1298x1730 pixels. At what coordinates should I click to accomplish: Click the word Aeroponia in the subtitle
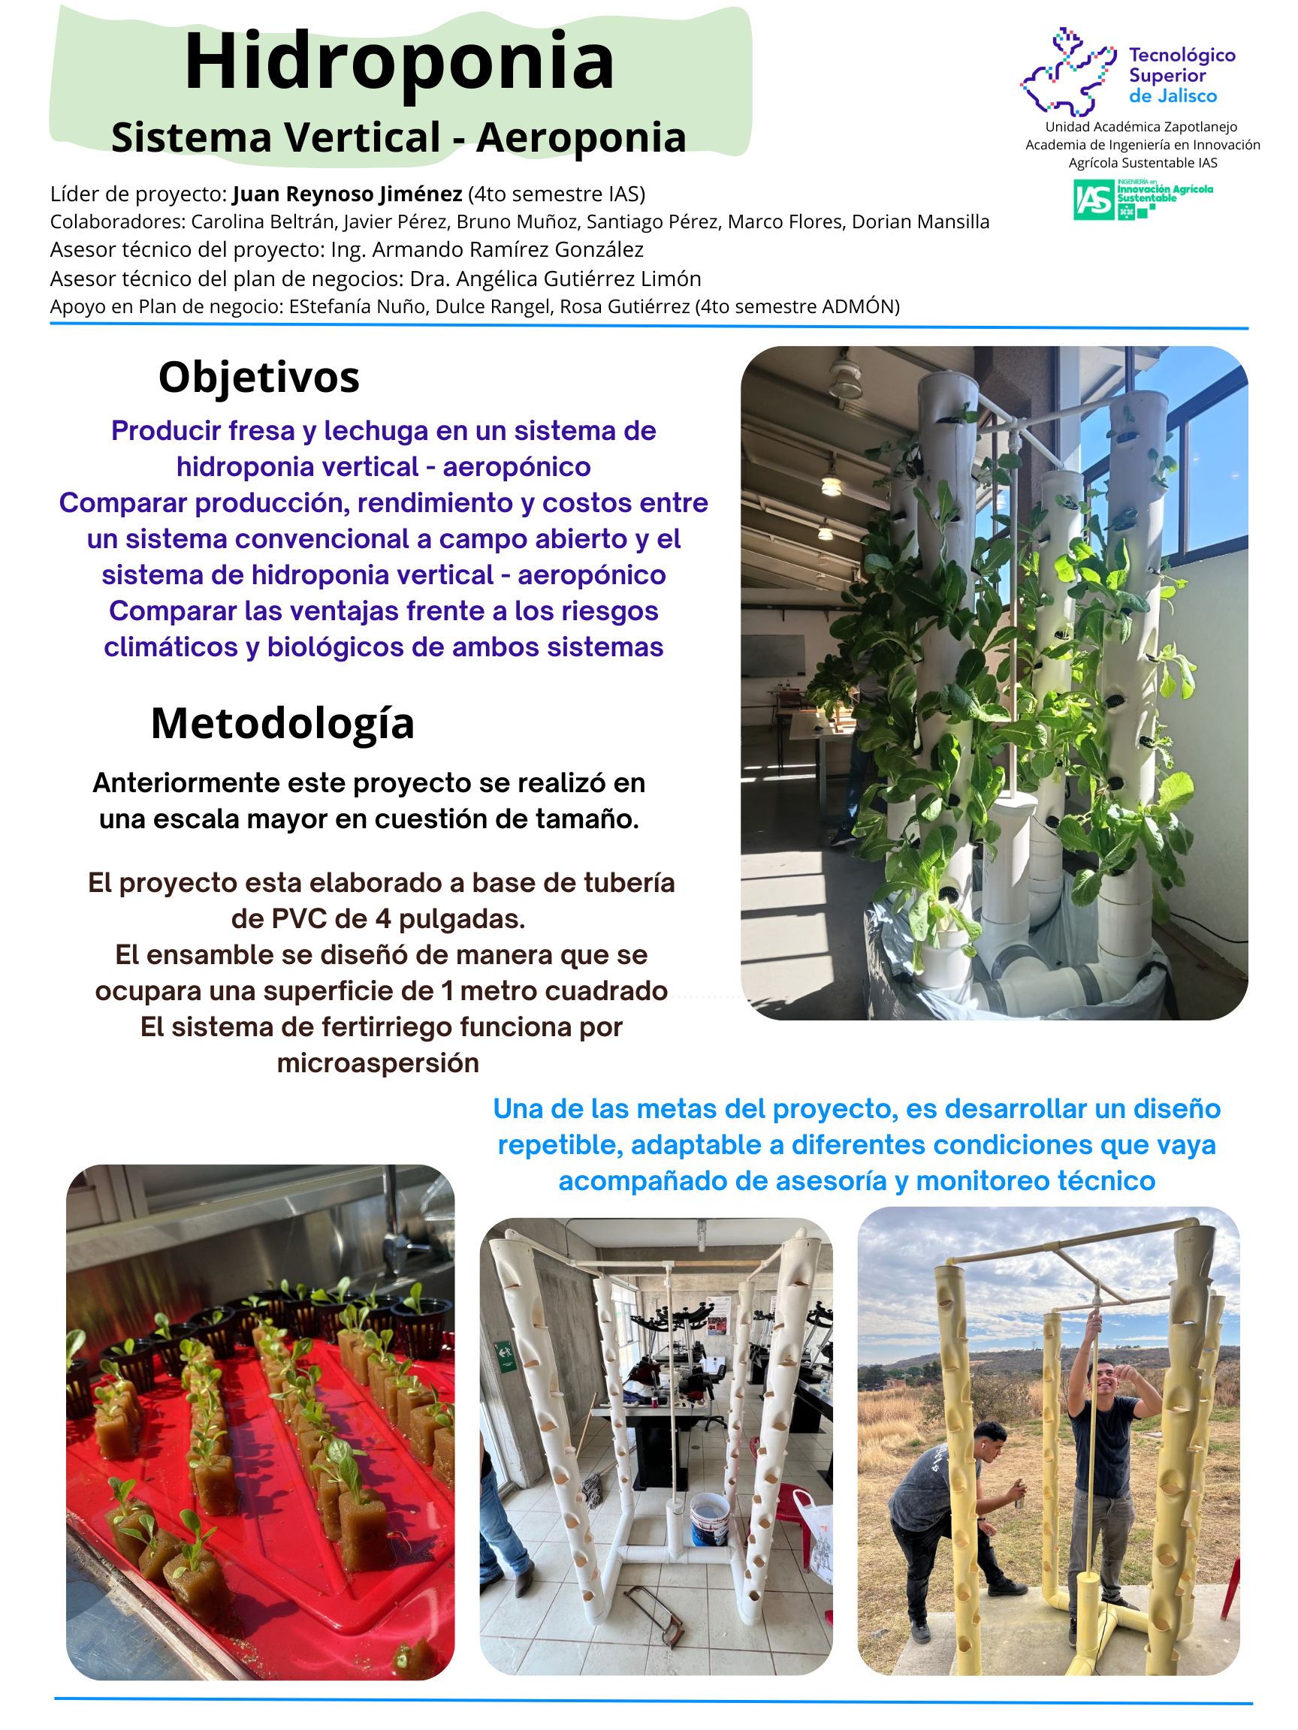coord(581,137)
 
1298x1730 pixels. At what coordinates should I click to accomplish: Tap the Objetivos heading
coord(259,378)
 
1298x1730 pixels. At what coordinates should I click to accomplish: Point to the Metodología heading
coord(282,723)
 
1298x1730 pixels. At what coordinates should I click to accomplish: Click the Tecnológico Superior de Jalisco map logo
coord(1068,72)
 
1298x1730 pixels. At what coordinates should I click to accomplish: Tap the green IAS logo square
coord(1093,200)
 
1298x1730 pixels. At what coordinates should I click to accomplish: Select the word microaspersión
coord(378,1064)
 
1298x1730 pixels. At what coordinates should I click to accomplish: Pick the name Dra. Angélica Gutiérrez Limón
coord(578,279)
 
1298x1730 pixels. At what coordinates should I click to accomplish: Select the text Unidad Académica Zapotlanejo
coord(1142,127)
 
